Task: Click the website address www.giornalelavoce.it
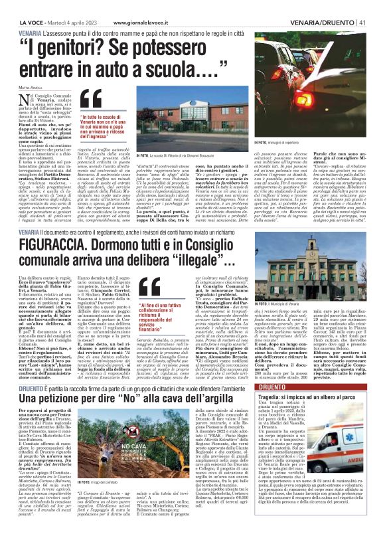pyautogui.click(x=123, y=7)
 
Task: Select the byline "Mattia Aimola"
pyautogui.click(x=27, y=86)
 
